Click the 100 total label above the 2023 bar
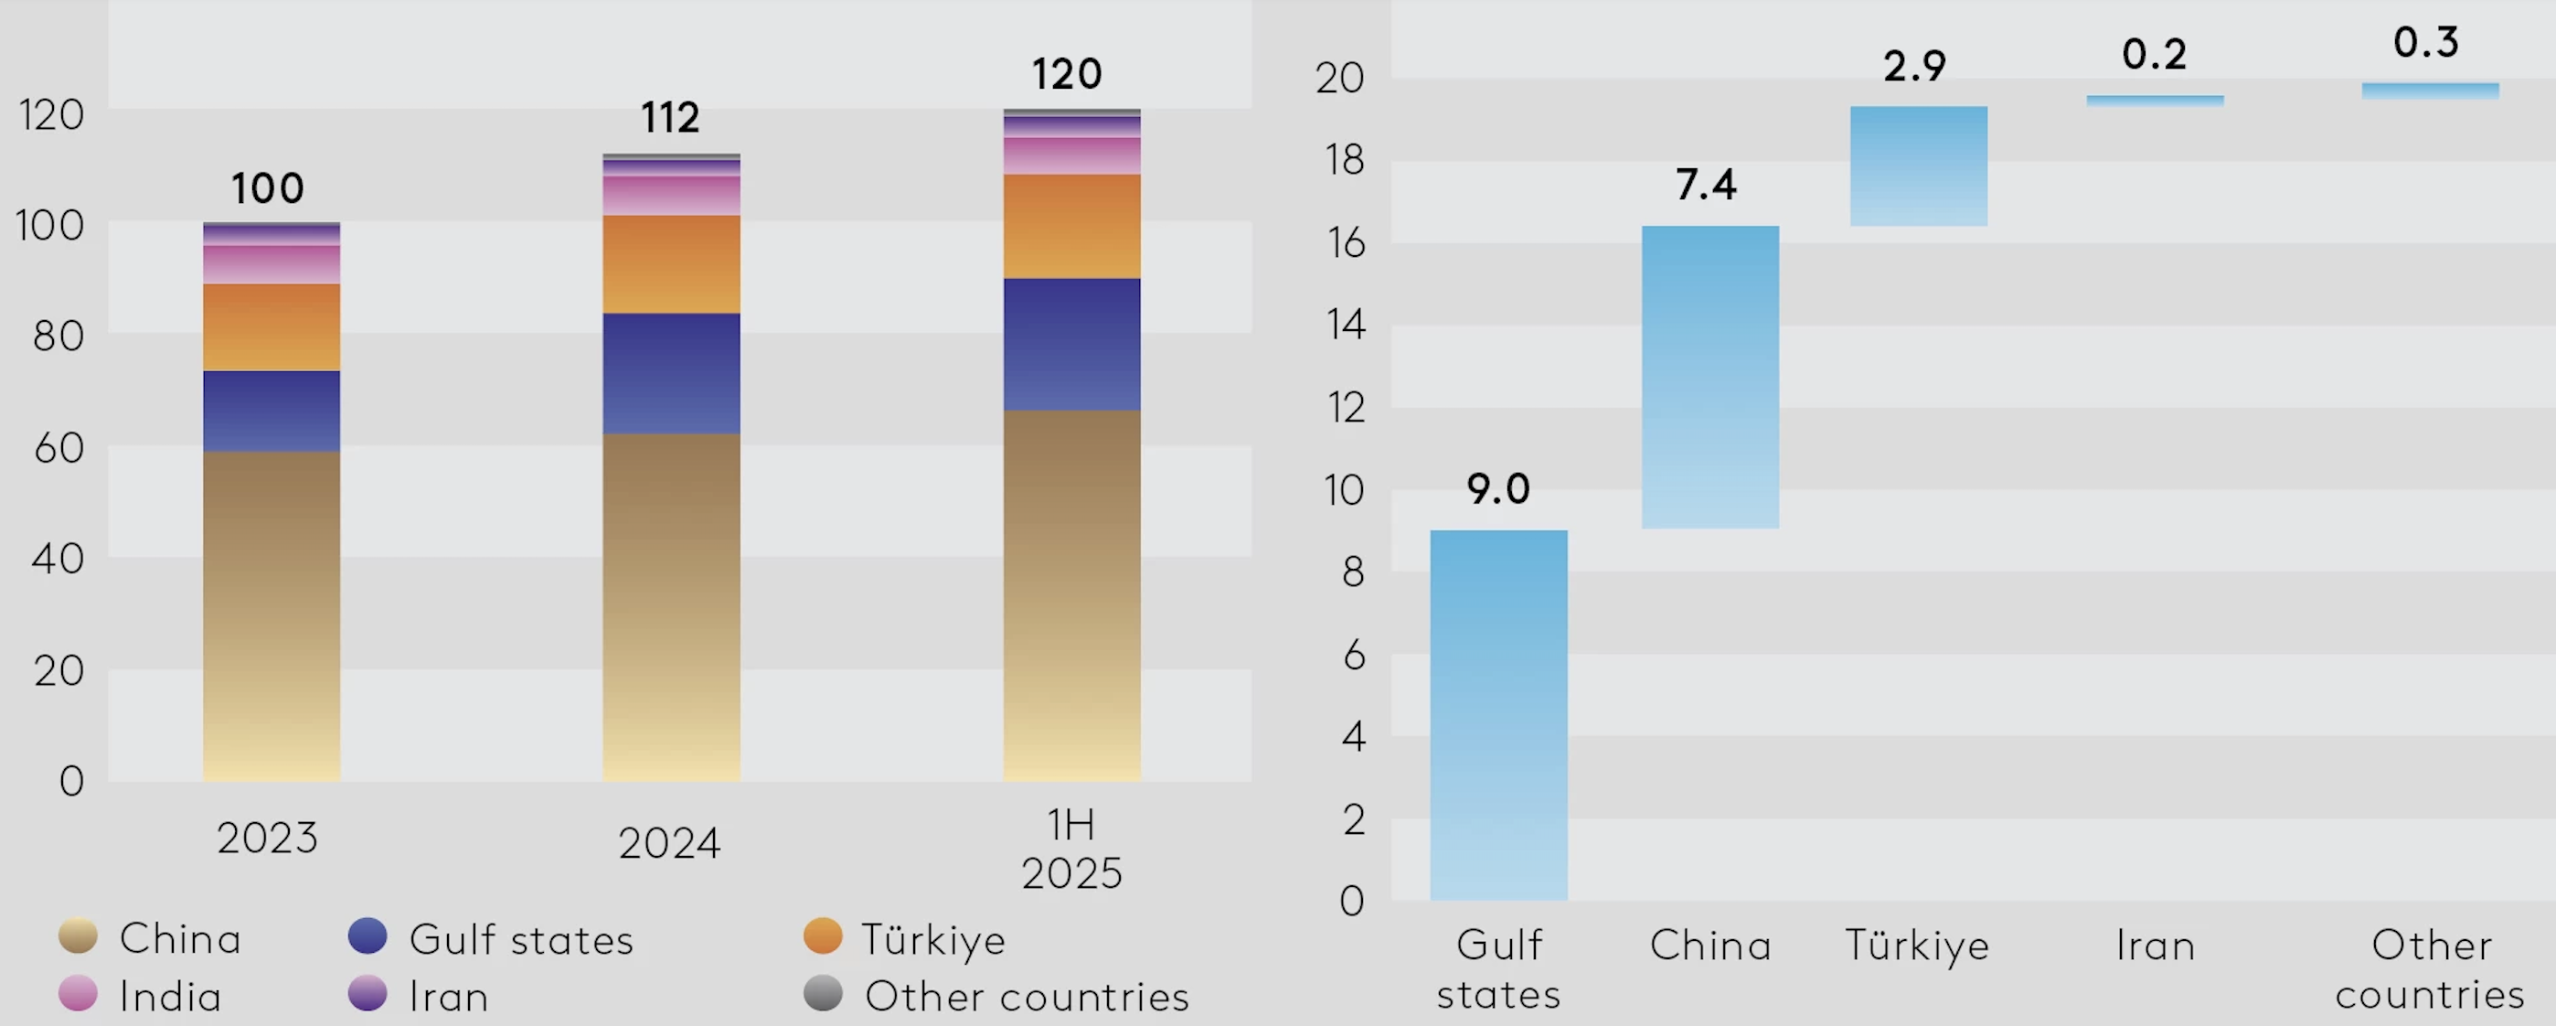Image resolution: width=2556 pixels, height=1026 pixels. (x=267, y=188)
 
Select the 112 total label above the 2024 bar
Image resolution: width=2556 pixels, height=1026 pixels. (x=670, y=118)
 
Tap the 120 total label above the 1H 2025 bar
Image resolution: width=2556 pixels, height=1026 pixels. (x=1067, y=74)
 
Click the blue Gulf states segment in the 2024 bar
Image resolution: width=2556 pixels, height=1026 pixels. (x=671, y=373)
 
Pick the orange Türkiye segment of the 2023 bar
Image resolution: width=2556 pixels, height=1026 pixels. (x=271, y=327)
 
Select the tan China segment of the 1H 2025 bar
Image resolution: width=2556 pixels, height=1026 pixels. (x=1071, y=595)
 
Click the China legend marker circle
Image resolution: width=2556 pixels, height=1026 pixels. (x=79, y=935)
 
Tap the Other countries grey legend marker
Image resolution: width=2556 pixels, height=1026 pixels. (x=823, y=993)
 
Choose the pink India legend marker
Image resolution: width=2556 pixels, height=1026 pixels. (x=79, y=993)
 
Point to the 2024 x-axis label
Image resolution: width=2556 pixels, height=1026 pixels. (x=669, y=843)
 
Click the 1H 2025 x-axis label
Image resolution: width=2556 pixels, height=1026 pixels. (x=1071, y=850)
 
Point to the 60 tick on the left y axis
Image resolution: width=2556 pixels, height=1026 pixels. (x=59, y=448)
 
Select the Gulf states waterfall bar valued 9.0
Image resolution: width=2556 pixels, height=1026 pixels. (x=1498, y=714)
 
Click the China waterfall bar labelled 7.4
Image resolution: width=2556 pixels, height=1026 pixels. (x=1709, y=377)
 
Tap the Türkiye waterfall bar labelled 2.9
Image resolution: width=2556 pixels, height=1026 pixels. (x=1918, y=166)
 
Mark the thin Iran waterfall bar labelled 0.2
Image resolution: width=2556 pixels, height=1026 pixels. (x=2154, y=101)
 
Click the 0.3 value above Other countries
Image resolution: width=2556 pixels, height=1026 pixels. (x=2425, y=43)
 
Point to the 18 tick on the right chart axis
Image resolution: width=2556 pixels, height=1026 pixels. (x=1345, y=161)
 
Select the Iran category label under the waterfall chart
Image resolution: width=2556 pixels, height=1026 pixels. (x=2154, y=946)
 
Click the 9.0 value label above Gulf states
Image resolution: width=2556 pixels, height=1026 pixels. (x=1498, y=489)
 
